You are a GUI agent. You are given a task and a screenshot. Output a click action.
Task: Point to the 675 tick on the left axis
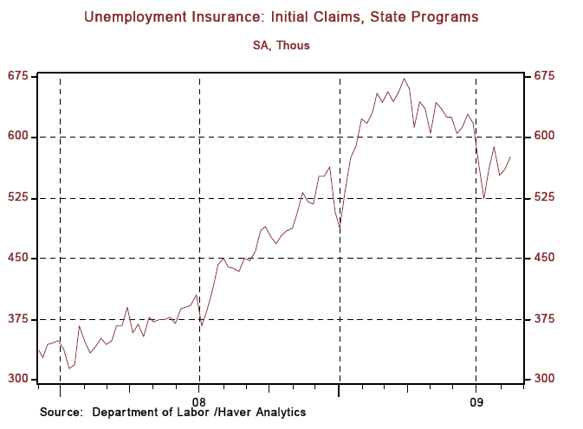coord(18,76)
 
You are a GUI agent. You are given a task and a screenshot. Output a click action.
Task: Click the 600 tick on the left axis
coord(18,137)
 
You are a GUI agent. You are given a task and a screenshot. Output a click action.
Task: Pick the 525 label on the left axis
coord(18,198)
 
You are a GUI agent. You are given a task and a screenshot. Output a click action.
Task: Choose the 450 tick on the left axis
coord(18,259)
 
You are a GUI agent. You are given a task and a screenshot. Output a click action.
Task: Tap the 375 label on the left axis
coord(18,319)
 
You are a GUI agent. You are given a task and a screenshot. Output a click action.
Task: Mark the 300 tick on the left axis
coord(18,380)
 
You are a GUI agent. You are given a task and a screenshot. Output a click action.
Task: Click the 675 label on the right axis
coord(543,76)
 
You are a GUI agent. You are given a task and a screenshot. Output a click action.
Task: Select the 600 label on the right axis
coord(543,137)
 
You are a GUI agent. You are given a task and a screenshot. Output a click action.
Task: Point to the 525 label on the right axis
coord(543,198)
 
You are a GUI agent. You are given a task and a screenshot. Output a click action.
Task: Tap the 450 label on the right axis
coord(543,259)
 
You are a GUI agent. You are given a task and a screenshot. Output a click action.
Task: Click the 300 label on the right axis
coord(543,380)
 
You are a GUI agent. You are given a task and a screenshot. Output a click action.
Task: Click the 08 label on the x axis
coord(200,401)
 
